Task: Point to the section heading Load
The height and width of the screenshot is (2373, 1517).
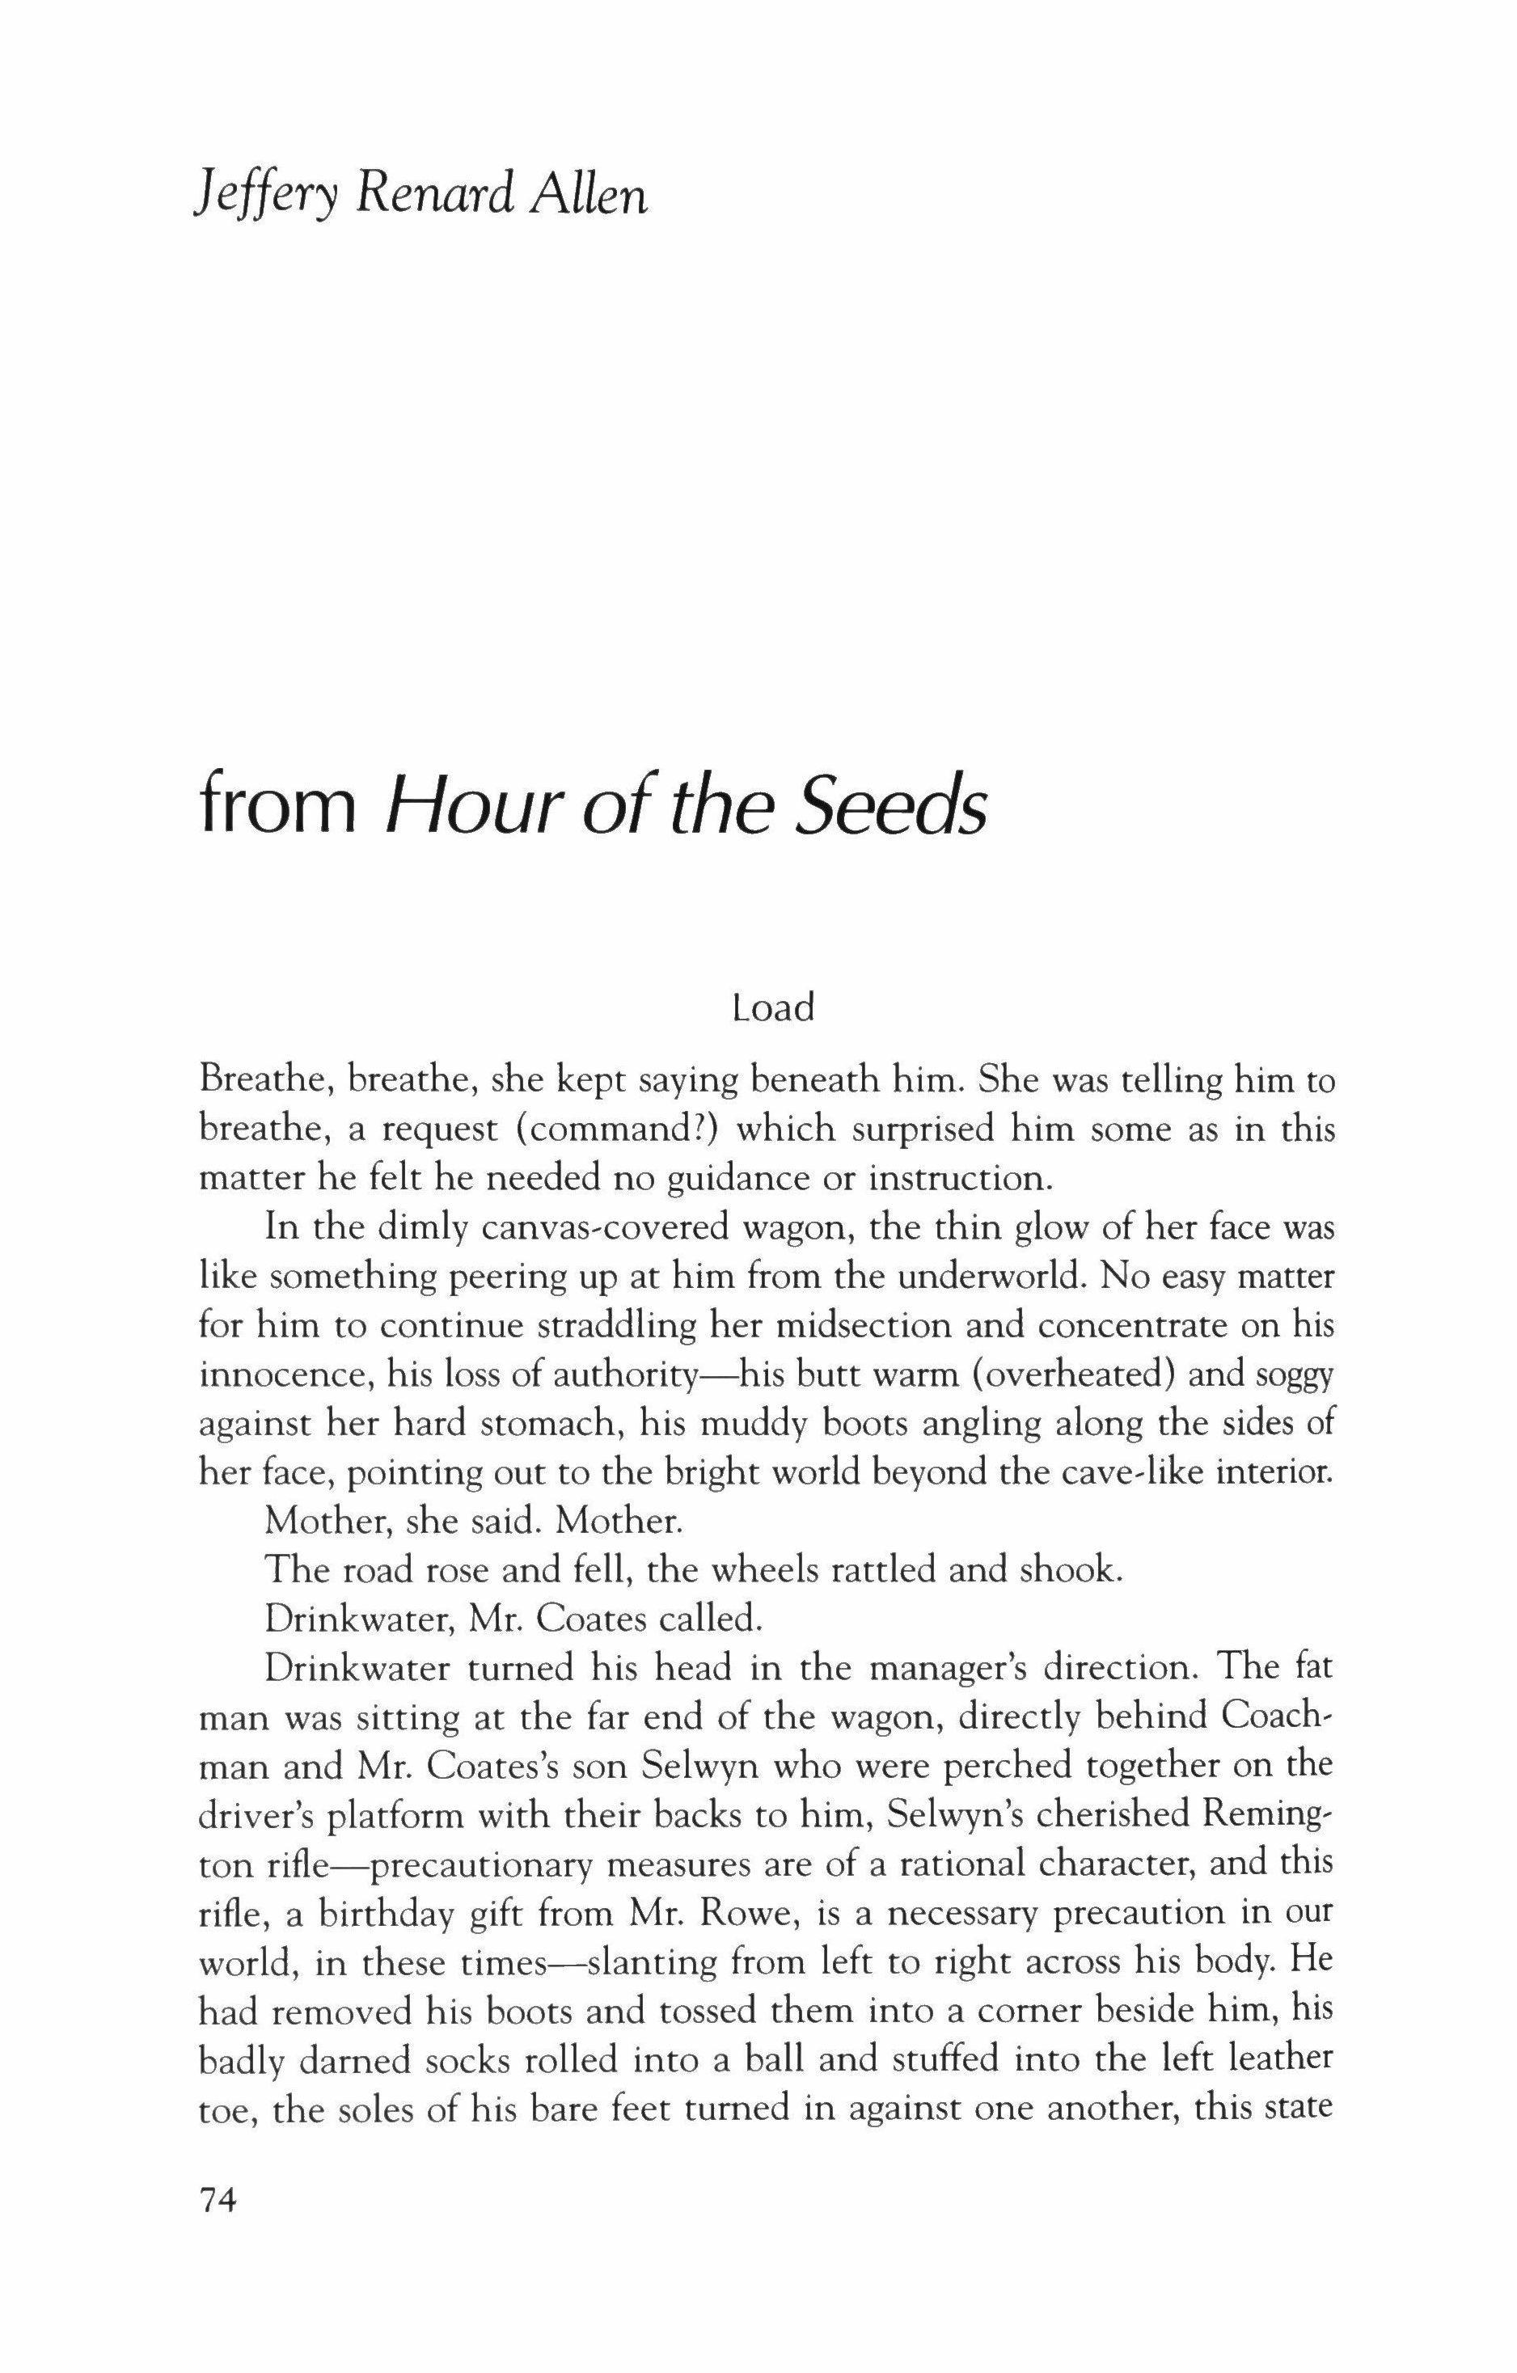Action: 774,1009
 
